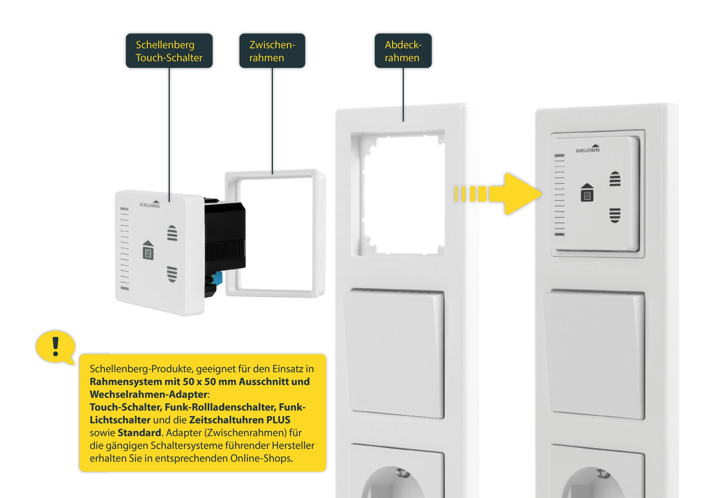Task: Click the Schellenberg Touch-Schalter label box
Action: [169, 51]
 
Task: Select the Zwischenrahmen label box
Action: [272, 51]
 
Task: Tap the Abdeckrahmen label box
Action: [403, 51]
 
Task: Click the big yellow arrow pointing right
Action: [516, 194]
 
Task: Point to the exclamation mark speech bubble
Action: [55, 347]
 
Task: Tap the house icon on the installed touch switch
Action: [587, 193]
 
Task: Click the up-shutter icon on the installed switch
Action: [615, 179]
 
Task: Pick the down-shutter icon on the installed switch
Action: [615, 215]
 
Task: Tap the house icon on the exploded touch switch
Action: [148, 250]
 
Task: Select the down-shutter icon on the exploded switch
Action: [172, 274]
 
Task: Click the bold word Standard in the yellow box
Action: [139, 433]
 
